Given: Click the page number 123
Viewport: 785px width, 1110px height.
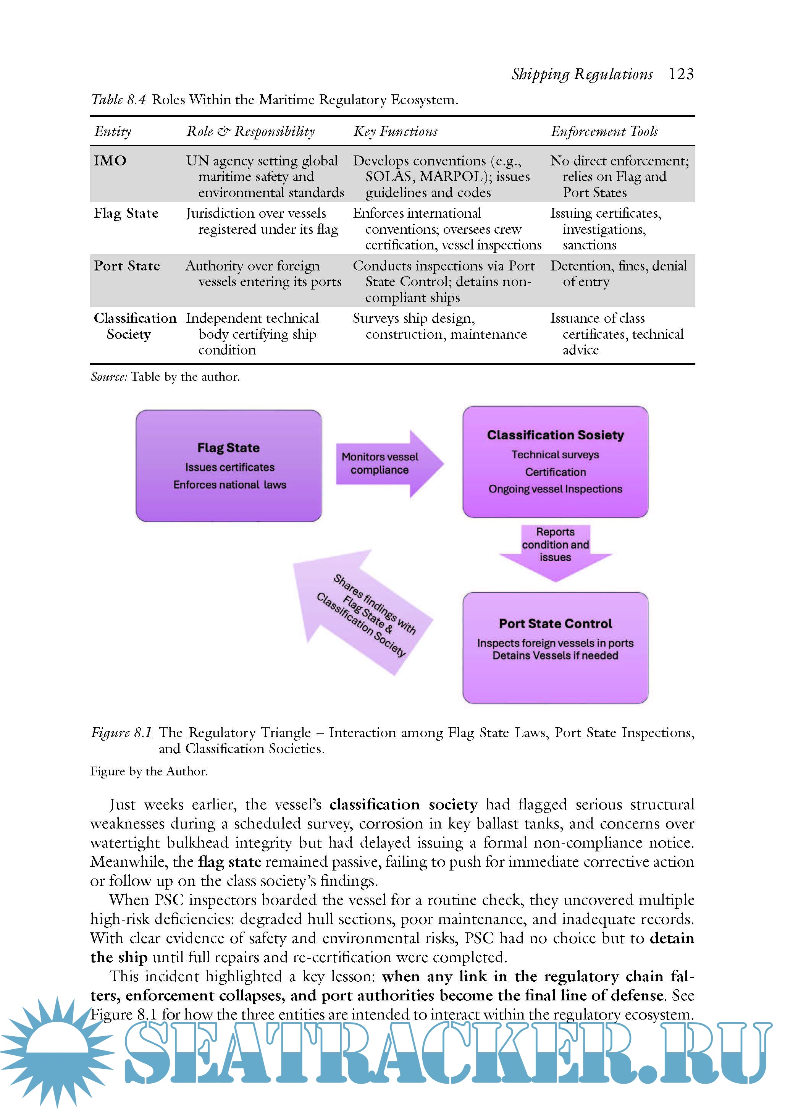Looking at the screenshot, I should (x=681, y=74).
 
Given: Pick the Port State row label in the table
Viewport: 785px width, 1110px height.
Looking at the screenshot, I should (x=127, y=266).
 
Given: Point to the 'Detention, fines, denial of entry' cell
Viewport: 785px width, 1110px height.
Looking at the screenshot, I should (x=618, y=273).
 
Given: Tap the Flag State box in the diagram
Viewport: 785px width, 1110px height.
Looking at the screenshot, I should (x=228, y=465).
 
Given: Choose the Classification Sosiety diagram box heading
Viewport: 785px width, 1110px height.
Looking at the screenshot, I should (x=555, y=435).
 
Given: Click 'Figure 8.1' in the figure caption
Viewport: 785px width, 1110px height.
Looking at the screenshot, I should (x=121, y=733).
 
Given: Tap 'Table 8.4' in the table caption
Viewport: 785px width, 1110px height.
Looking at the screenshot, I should (x=118, y=100).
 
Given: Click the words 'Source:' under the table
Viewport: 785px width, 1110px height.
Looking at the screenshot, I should (x=109, y=377).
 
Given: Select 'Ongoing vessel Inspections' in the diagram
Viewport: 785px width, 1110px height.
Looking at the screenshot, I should (x=555, y=489).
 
